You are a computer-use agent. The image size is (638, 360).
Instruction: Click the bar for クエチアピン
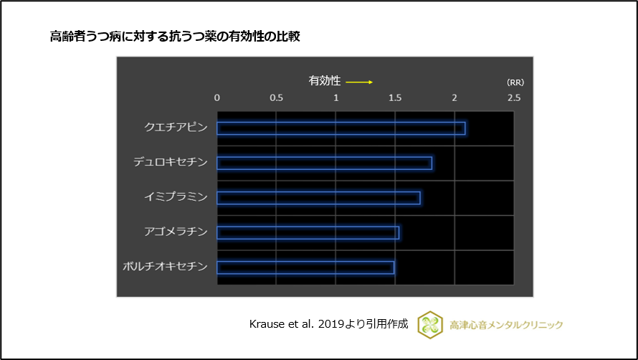point(341,128)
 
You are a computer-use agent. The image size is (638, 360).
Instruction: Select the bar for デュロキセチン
point(324,163)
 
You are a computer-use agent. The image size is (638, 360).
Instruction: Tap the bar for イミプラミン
point(318,198)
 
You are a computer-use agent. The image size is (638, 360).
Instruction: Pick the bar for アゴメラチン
point(308,232)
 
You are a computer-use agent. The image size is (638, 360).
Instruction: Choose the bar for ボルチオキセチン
point(305,267)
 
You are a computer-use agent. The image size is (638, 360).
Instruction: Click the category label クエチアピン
point(176,128)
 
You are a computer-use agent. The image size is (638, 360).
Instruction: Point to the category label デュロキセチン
point(170,163)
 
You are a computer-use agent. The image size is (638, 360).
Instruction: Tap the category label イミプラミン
point(176,197)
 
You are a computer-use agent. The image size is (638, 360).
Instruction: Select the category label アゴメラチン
point(176,232)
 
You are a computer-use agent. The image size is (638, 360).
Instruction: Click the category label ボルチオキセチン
point(165,267)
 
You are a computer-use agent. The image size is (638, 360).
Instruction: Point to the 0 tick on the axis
point(217,98)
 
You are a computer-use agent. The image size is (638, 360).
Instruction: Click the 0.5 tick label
point(276,98)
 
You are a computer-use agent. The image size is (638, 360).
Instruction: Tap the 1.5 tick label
point(395,98)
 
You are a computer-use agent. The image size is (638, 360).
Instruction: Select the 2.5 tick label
point(513,98)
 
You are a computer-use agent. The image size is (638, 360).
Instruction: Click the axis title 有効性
point(324,81)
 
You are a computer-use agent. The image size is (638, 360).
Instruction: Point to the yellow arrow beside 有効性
point(359,82)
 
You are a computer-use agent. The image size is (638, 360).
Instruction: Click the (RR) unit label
point(515,82)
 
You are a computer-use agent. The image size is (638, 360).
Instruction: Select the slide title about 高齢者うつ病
point(174,37)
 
